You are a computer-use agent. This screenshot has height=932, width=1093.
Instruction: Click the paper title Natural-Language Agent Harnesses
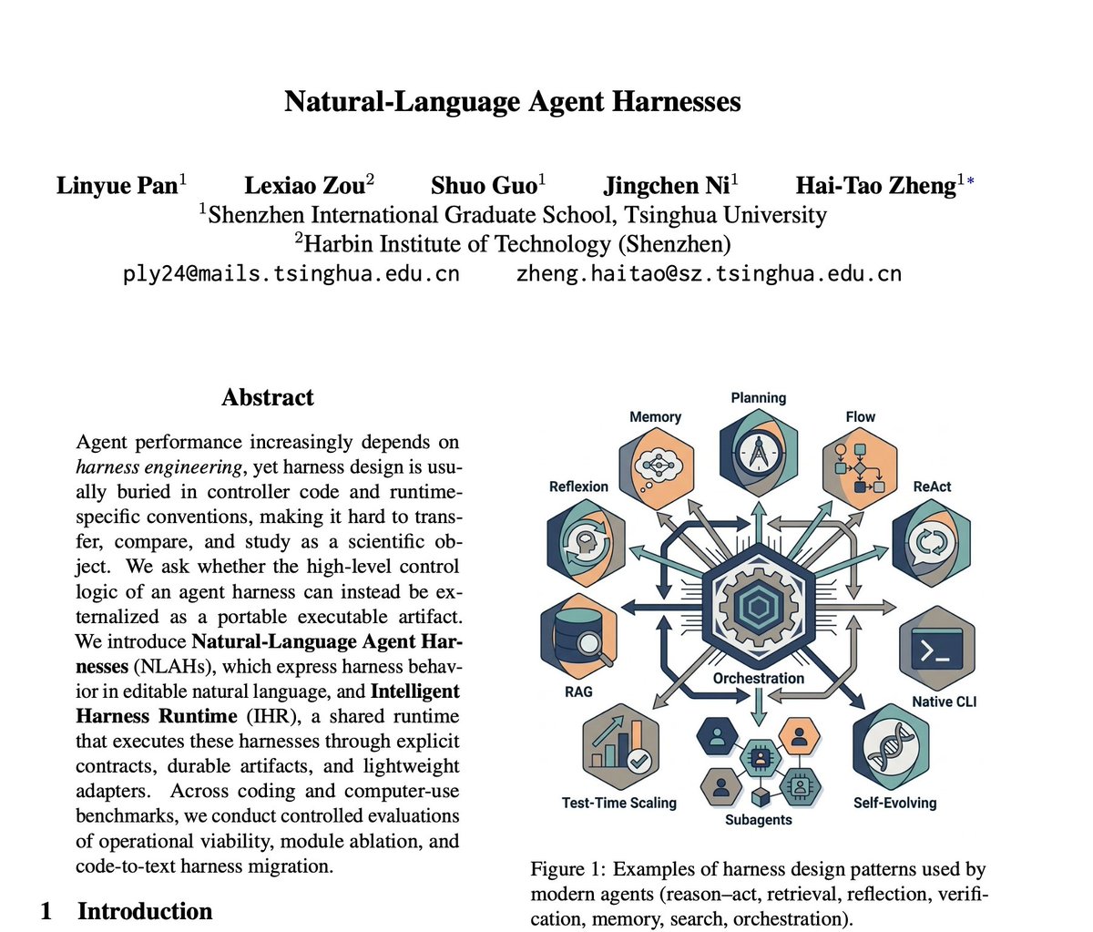pos(513,100)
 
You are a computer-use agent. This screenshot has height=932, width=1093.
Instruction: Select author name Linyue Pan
pos(117,186)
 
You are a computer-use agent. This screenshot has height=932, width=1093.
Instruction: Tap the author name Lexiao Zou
pos(304,186)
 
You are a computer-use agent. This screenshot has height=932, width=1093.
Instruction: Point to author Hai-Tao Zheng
pos(875,186)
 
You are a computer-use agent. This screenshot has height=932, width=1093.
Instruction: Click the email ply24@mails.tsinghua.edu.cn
pos(291,273)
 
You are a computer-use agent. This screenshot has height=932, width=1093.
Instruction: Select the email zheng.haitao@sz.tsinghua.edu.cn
pos(709,273)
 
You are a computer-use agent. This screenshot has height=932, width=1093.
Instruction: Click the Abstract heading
pos(268,397)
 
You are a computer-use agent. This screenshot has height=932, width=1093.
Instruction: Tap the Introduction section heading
pos(145,911)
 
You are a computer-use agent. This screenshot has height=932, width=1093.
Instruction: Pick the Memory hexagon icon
pos(656,466)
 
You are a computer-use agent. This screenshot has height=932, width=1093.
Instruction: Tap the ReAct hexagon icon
pos(931,541)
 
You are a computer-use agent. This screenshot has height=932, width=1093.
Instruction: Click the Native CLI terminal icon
pos(936,649)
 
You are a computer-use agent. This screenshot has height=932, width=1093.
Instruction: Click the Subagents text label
pos(758,820)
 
